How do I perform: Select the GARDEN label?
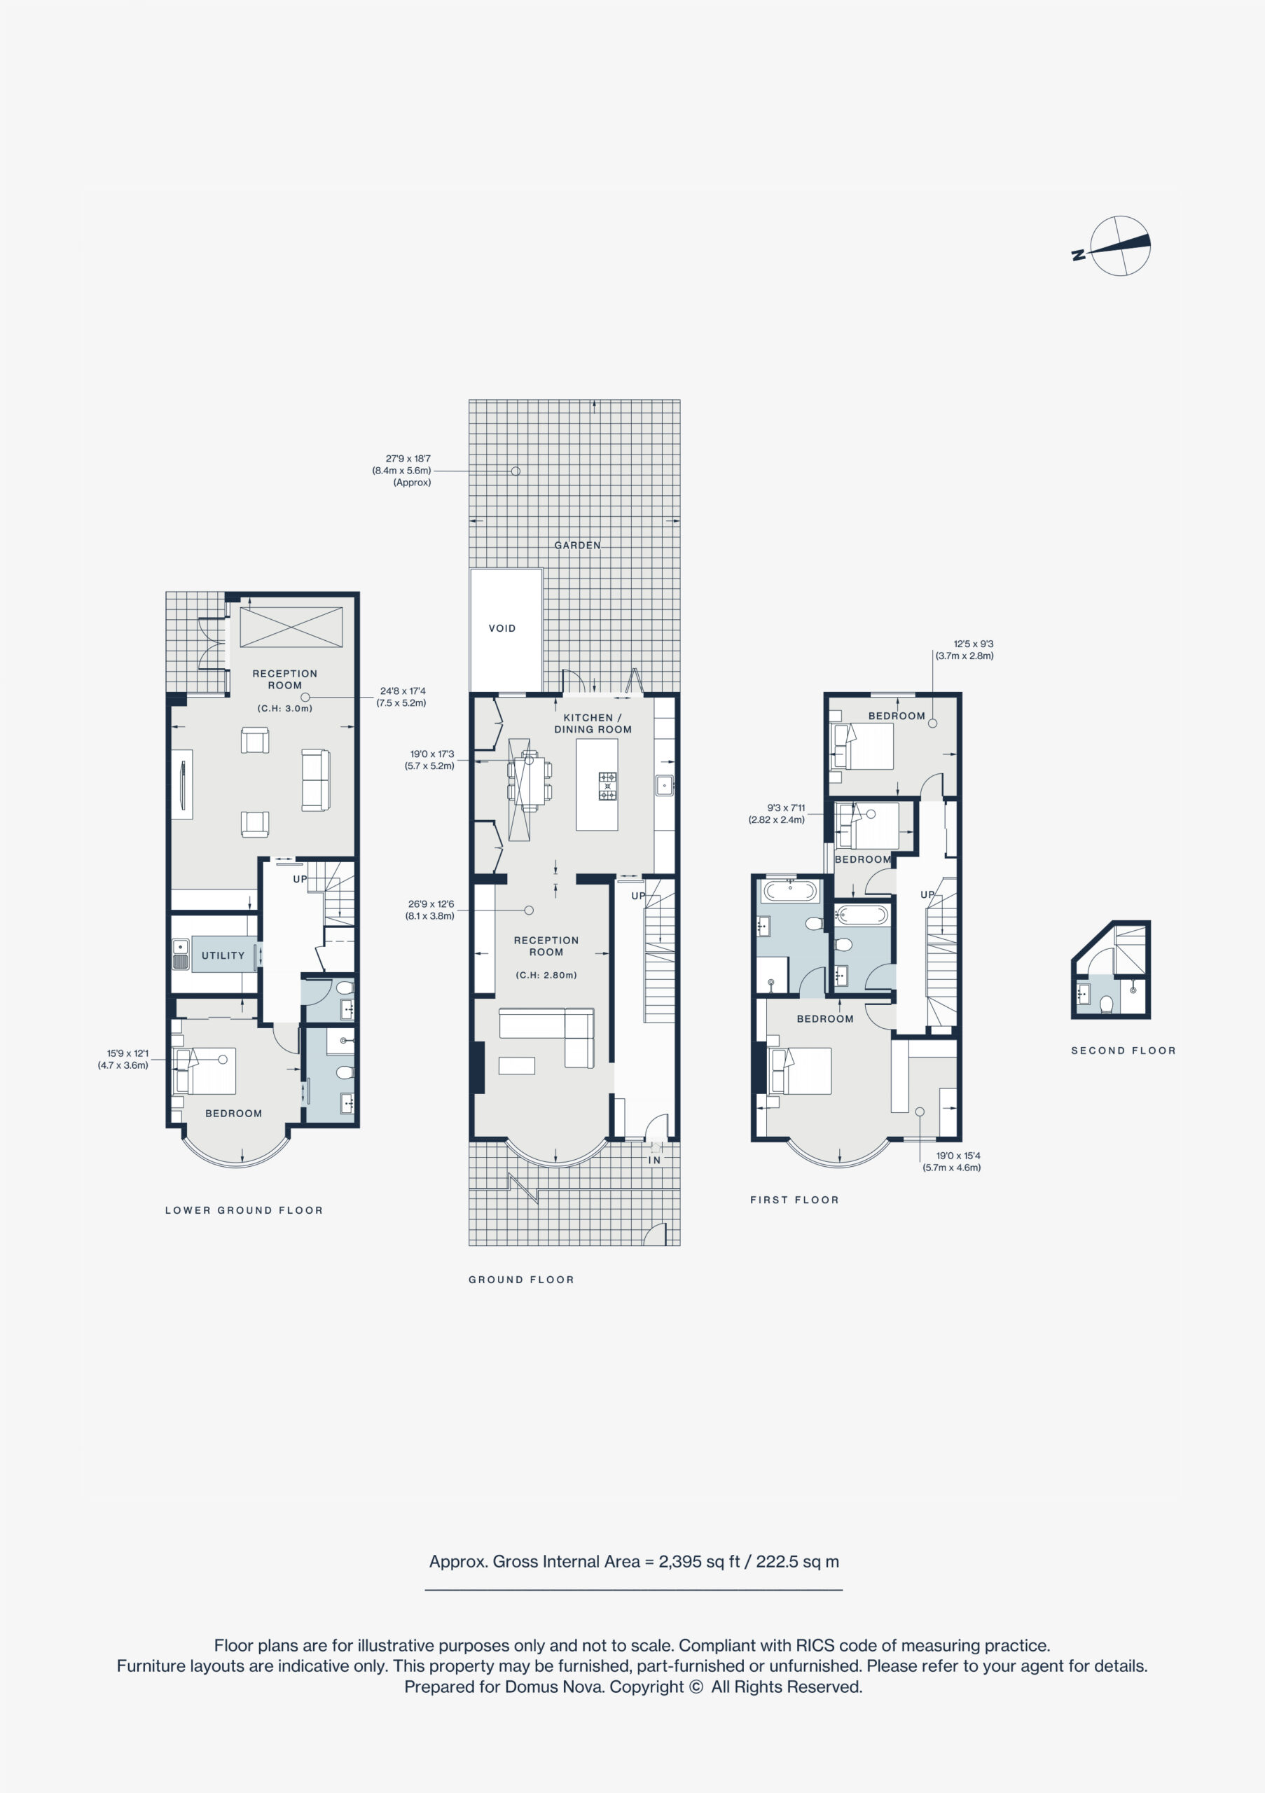(578, 545)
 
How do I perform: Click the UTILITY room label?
(223, 955)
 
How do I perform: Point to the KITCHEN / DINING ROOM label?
(593, 723)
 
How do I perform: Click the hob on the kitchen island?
(607, 786)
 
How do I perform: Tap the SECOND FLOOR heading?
(1123, 1051)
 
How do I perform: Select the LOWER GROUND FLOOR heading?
(244, 1210)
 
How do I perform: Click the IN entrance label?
(654, 1161)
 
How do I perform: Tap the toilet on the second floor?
(1107, 1004)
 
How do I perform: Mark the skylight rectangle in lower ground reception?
(291, 627)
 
